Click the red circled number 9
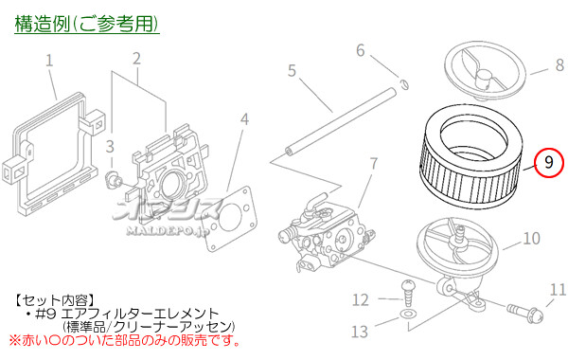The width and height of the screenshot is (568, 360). [548, 162]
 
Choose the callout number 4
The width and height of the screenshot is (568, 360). [245, 119]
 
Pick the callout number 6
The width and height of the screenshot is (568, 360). [361, 49]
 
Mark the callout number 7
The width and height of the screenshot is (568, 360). [373, 163]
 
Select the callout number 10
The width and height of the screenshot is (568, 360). [532, 239]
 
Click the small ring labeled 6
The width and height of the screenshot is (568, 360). [403, 82]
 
